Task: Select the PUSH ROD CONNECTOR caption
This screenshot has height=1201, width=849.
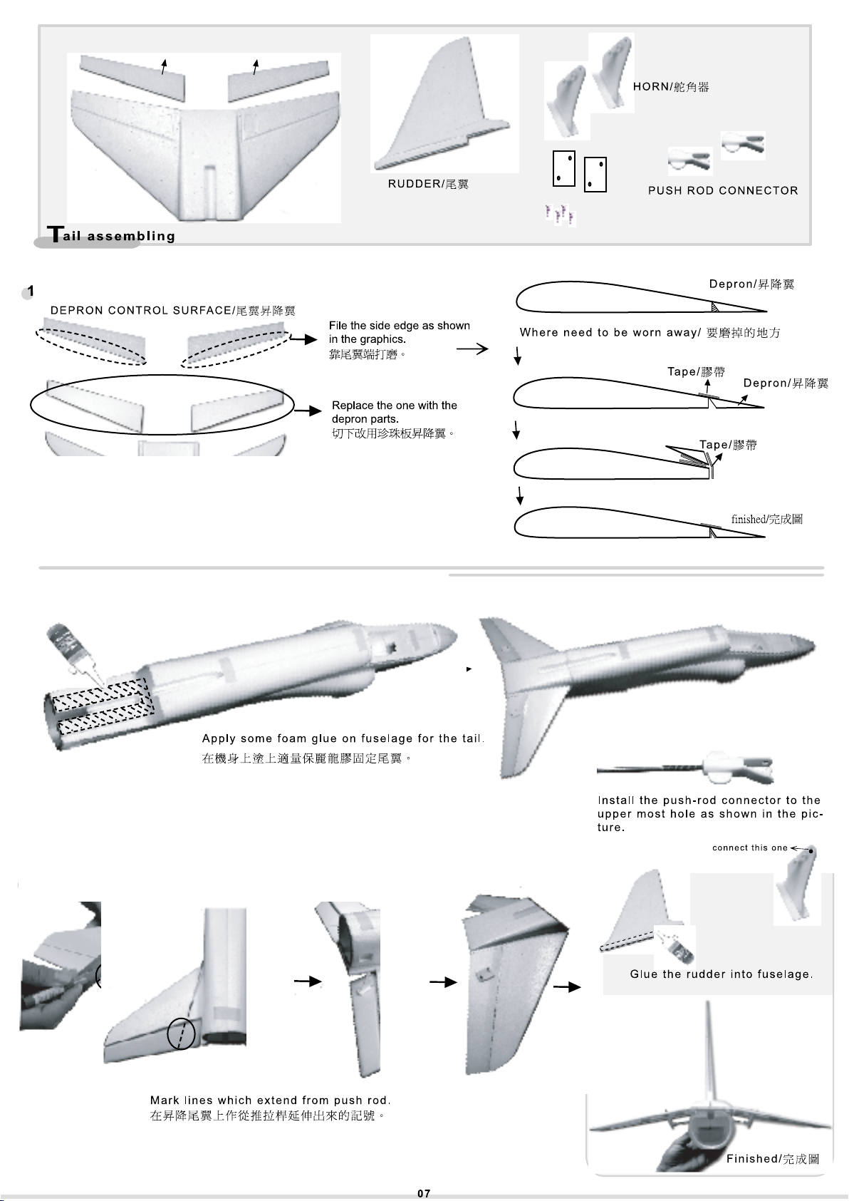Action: point(723,190)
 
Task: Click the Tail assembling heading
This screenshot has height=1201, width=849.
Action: point(111,234)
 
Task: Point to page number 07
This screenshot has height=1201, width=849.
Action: point(424,1193)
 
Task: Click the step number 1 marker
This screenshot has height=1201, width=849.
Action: point(30,291)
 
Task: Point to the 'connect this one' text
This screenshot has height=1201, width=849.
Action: point(749,847)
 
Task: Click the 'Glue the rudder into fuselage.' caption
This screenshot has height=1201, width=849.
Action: point(721,974)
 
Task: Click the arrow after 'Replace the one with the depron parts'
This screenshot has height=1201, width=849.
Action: point(308,411)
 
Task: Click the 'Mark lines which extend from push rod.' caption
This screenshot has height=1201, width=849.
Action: point(270,1101)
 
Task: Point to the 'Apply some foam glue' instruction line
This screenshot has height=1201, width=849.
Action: point(343,738)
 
